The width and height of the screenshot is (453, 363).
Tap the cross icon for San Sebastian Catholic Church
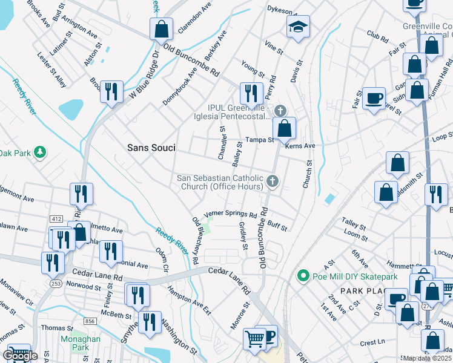point(273,181)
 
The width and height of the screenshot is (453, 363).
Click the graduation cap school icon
point(297,27)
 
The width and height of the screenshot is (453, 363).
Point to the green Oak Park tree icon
point(40,152)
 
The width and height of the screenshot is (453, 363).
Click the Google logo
point(19,356)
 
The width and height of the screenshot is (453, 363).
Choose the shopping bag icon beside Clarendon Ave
point(161,28)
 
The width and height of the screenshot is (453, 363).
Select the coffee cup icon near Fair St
point(374,97)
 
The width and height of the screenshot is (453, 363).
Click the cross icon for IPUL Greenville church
point(279,111)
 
